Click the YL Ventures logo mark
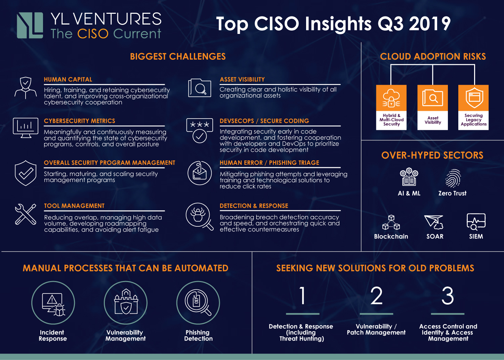[30, 25]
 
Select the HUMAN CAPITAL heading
[68, 80]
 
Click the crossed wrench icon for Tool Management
[26, 214]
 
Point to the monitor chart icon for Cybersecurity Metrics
[26, 128]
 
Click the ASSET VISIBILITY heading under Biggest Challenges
[242, 80]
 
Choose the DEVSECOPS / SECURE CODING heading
[264, 121]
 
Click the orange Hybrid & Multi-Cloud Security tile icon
[391, 98]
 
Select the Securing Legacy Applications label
[473, 120]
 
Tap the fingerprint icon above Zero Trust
[453, 178]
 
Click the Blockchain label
[391, 236]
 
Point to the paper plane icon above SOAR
[434, 222]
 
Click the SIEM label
[476, 236]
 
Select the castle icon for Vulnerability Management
[126, 302]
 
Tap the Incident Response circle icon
[53, 303]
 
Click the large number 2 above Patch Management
[376, 296]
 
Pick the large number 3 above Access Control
[448, 296]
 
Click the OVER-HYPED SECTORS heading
[432, 155]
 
